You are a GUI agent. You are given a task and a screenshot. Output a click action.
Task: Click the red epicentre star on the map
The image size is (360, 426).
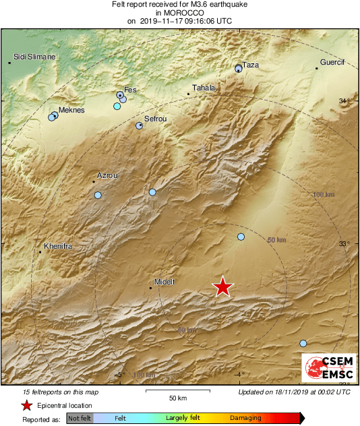pos(222,286)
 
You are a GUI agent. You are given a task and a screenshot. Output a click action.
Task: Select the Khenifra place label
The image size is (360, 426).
pos(57,247)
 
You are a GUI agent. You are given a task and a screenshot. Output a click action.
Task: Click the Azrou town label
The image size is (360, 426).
pos(107,175)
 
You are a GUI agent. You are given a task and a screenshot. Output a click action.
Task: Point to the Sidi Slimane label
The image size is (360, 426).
pos(34,57)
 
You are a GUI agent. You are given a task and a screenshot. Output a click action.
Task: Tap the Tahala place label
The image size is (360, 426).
pos(204,88)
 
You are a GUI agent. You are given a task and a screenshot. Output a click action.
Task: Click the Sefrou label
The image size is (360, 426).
pos(155,119)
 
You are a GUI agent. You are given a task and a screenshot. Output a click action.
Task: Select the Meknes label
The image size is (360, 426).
pos(71,110)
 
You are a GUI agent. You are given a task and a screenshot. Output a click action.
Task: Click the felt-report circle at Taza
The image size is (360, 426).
pos(238,69)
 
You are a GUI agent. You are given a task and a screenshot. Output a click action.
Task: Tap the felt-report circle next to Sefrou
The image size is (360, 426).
pos(140,125)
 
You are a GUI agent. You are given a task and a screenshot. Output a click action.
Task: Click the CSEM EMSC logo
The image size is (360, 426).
pos(327,367)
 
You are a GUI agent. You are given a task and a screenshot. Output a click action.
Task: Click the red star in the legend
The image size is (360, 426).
pos(26,405)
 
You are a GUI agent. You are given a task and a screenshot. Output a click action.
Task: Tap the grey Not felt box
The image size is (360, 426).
pos(80,418)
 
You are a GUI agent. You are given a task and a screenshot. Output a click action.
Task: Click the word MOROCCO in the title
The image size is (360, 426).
pos(179,13)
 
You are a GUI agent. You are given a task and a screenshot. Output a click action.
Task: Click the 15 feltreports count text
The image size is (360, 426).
pos(61,392)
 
